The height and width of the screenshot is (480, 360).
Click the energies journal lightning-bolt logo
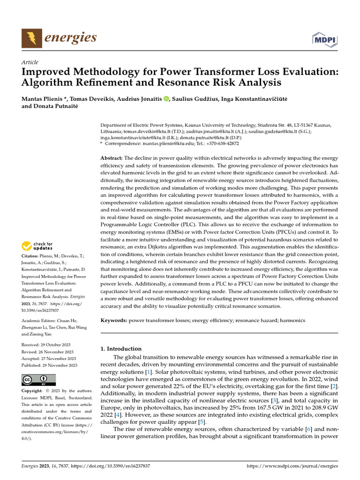[31, 37]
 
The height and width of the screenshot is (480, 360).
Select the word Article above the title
[30, 62]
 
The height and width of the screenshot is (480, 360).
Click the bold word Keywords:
[114, 320]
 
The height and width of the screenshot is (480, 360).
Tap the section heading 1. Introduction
[121, 349]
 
